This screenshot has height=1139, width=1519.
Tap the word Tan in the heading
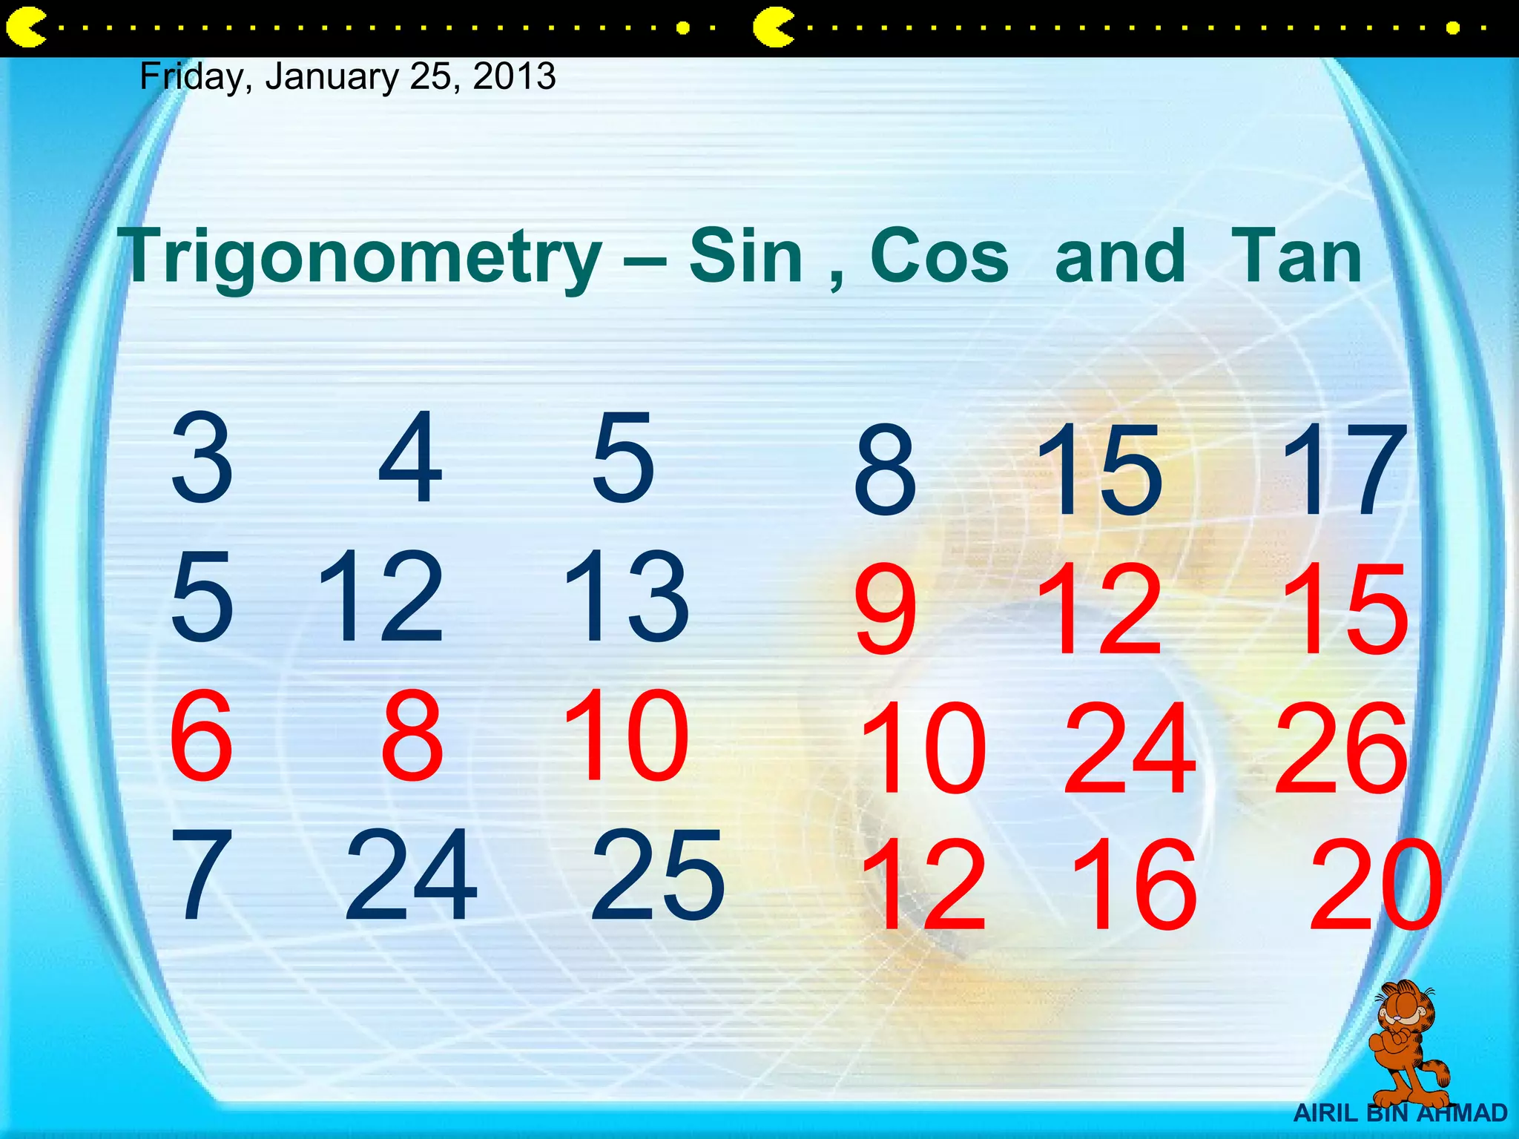(x=1296, y=257)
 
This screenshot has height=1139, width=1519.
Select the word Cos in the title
(x=939, y=257)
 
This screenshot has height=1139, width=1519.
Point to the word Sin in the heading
(x=745, y=257)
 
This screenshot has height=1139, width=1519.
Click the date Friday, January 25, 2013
(x=347, y=76)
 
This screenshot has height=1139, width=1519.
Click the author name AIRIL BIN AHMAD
(x=1400, y=1113)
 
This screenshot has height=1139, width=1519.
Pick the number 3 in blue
(x=202, y=458)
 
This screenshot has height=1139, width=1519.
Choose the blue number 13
(x=627, y=597)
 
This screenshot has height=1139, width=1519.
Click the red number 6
(x=201, y=736)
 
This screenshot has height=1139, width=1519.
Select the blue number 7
(x=201, y=875)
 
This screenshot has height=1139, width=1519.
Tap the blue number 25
(x=657, y=875)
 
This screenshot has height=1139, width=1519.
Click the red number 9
(x=885, y=610)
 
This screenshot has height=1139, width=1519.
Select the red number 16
(x=1133, y=884)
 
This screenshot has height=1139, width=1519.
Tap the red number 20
(x=1377, y=884)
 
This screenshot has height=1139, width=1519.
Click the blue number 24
(x=411, y=875)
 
